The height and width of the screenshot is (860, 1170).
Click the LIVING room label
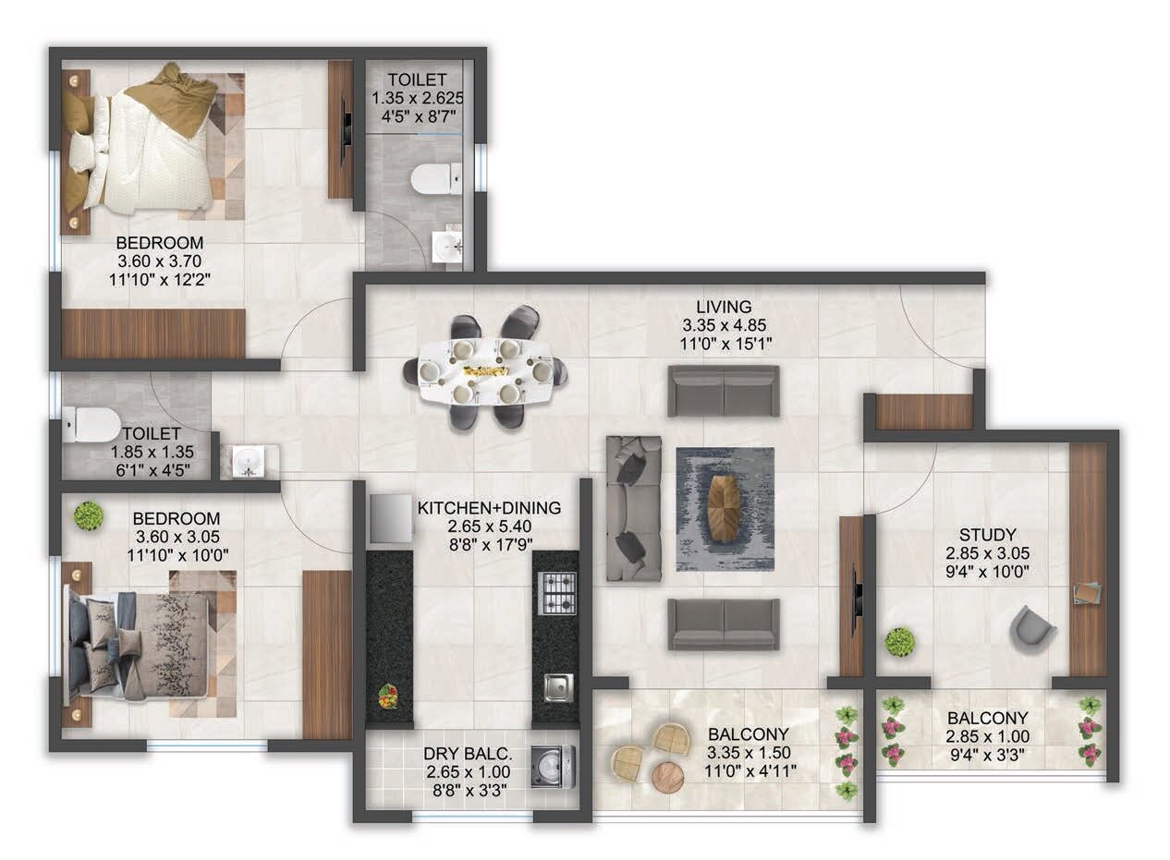725,307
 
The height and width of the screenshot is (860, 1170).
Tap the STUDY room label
987,535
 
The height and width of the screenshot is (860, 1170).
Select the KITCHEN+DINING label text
489,508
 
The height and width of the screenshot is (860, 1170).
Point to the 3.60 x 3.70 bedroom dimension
159,260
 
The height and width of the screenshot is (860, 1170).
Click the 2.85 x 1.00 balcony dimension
987,736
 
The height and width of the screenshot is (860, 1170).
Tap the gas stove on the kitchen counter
556,593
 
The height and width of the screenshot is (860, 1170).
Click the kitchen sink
557,687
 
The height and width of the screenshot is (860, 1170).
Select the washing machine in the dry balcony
553,767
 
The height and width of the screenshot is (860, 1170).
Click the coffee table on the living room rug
724,509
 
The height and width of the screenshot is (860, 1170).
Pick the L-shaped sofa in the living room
634,508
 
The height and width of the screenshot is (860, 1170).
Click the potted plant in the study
899,641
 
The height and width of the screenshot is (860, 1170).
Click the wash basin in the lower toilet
247,460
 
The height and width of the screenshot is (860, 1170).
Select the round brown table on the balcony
667,778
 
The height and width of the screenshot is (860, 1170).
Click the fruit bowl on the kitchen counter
388,695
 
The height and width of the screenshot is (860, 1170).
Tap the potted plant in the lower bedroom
89,515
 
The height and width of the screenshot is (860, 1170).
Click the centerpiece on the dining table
485,370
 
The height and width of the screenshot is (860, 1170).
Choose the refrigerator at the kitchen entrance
391,518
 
